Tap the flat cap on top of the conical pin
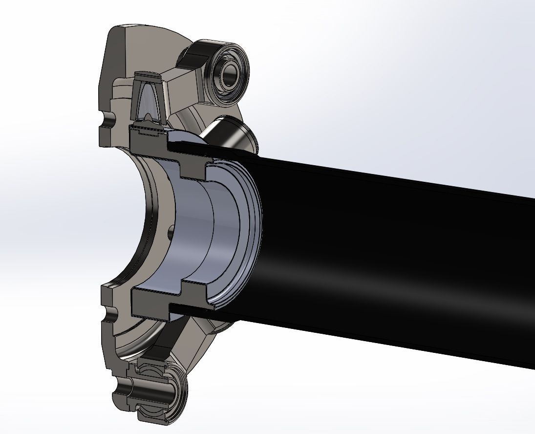[x=148, y=76]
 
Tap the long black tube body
[x=391, y=254]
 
